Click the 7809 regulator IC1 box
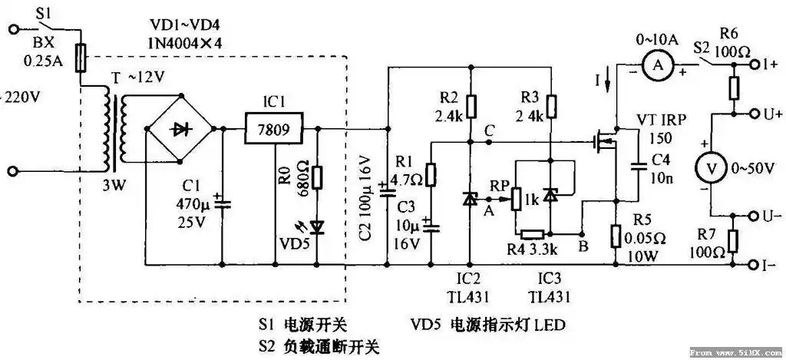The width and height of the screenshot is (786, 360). click(x=267, y=129)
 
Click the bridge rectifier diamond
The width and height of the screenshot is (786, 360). click(x=181, y=129)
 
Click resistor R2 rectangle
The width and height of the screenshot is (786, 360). click(x=470, y=104)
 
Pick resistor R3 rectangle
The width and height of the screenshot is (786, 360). click(x=551, y=104)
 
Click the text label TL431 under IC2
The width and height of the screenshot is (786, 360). click(x=469, y=297)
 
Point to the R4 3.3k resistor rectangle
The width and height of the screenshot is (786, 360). click(x=531, y=234)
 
